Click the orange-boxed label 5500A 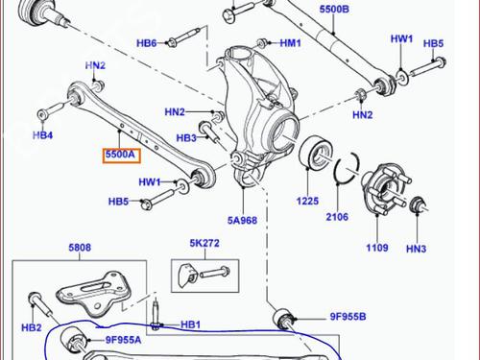pos(121,155)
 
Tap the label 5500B pos(334,9)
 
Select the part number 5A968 pos(242,221)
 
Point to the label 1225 pos(307,201)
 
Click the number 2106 pos(337,217)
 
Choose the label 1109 pos(377,248)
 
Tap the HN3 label pos(417,249)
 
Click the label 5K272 pos(204,243)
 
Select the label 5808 pos(80,248)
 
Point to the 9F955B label pos(348,317)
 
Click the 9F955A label pos(124,340)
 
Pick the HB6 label pos(147,43)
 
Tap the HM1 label pos(291,43)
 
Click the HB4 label pos(43,135)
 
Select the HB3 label pos(186,138)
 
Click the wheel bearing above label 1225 pos(316,152)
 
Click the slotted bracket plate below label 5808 pos(94,294)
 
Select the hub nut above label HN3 pos(417,204)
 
